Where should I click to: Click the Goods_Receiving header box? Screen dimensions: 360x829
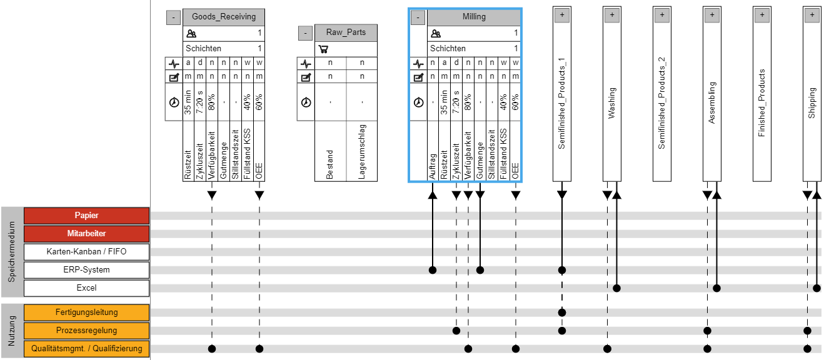224,17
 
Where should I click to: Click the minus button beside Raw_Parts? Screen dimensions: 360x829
305,32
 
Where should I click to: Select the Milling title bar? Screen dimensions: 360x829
474,17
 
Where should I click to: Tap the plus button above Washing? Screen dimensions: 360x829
611,14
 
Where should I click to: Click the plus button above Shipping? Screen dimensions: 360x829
811,14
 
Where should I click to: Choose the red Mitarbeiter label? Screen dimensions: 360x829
86,234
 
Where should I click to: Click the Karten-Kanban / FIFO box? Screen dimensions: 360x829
86,252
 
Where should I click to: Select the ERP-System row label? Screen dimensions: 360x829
86,270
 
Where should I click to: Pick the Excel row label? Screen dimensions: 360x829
86,288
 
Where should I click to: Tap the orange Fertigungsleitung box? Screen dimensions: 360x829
86,312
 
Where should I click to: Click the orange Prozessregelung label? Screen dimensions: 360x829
86,331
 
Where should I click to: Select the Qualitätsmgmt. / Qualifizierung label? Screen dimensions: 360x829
86,349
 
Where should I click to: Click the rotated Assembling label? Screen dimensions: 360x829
712,102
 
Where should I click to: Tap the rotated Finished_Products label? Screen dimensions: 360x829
761,103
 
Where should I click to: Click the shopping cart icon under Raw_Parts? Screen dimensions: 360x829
323,49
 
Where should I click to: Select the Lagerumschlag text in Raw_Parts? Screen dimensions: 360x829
361,152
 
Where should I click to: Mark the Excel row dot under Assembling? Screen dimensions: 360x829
717,288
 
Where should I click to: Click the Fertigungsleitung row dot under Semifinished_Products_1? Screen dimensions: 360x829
561,312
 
